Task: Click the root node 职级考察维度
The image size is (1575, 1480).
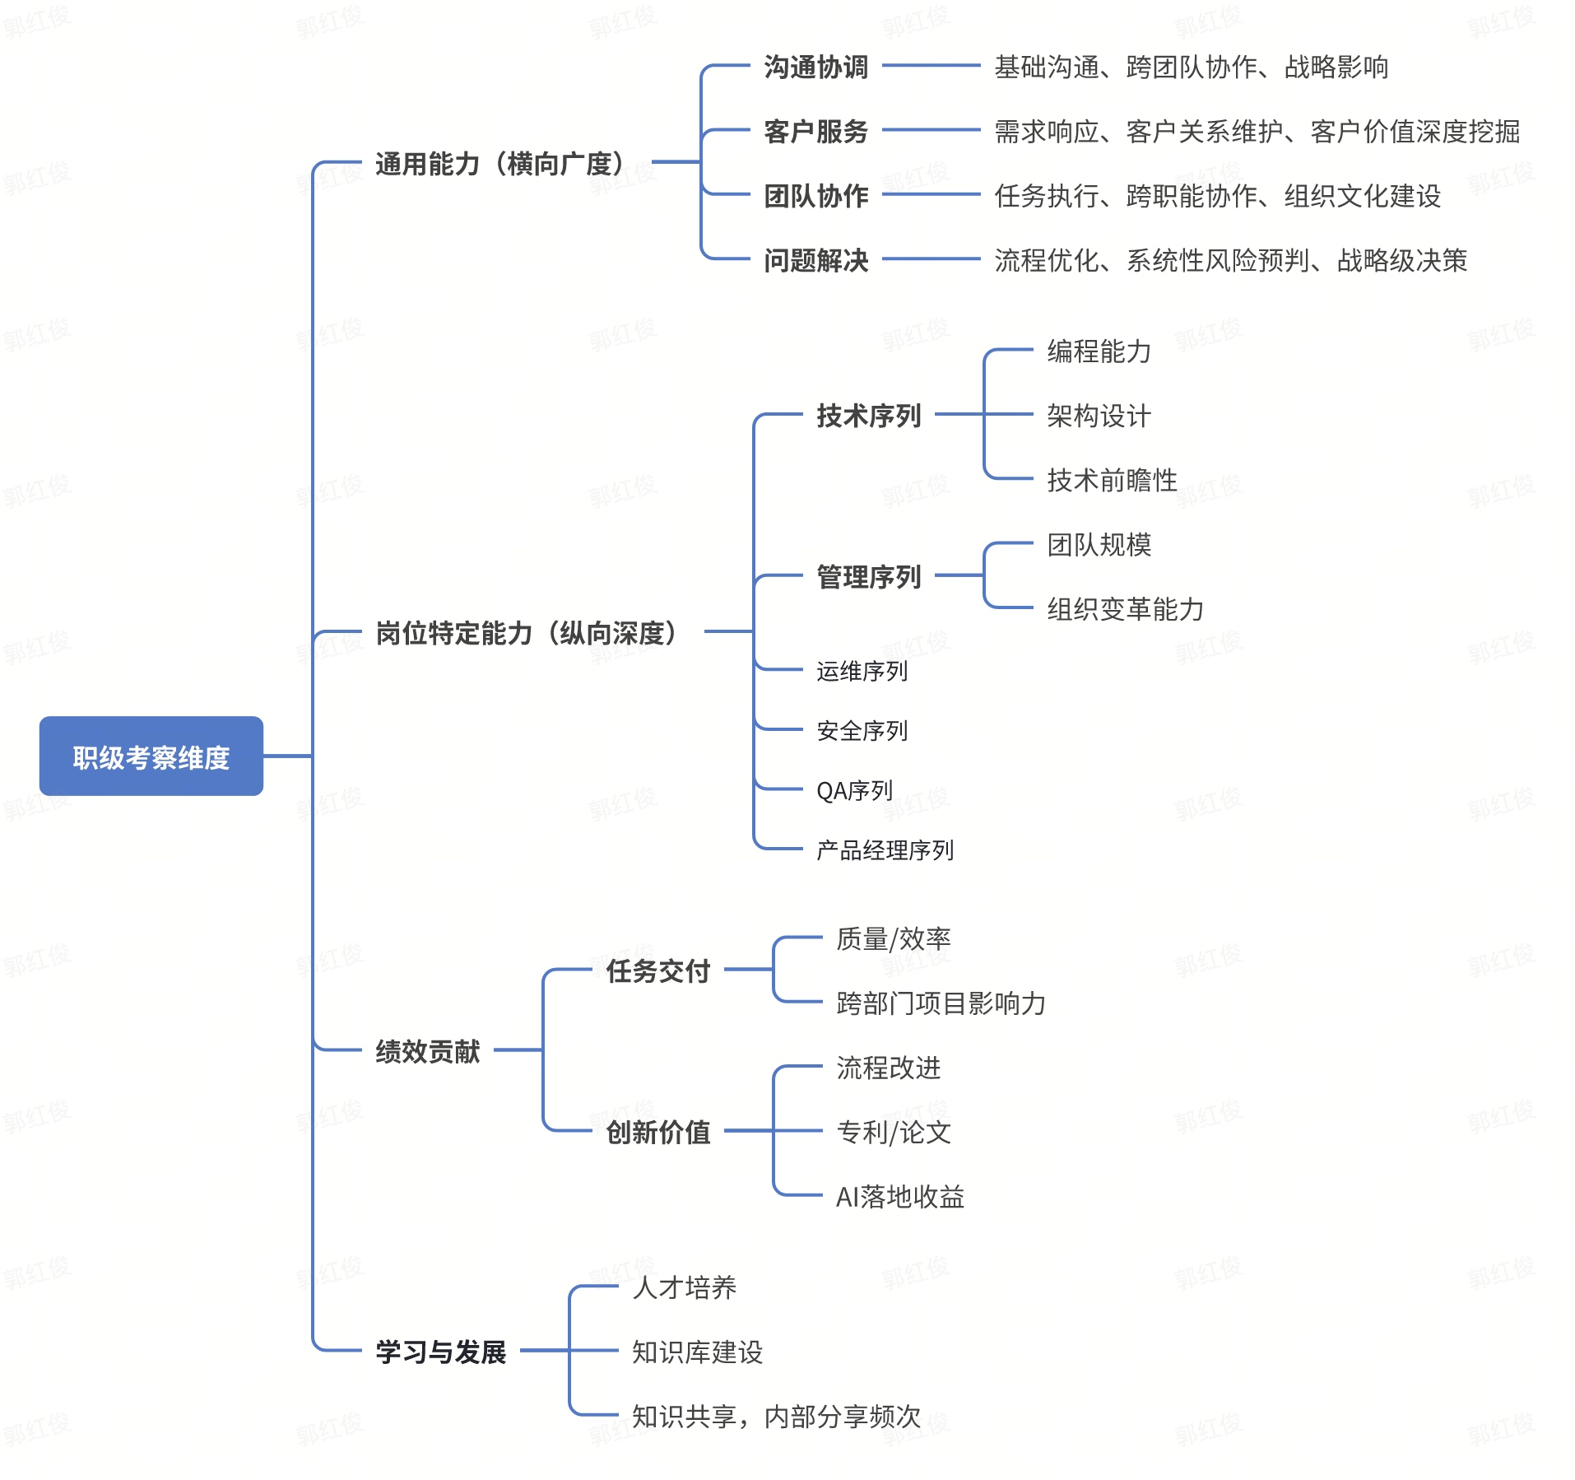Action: (x=151, y=756)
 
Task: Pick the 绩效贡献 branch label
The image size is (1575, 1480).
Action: (x=427, y=1051)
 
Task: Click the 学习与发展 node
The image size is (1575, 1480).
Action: (x=440, y=1352)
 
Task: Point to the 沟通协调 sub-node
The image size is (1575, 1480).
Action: (x=815, y=67)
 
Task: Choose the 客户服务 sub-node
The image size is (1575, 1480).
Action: (x=815, y=132)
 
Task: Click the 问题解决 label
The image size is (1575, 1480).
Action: (x=815, y=261)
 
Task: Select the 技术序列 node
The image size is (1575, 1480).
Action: (x=868, y=416)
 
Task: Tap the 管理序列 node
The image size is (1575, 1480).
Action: (x=868, y=577)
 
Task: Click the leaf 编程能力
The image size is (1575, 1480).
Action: (x=1099, y=351)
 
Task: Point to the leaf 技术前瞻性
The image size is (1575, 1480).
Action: (x=1112, y=480)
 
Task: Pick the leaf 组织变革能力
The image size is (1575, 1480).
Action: (x=1125, y=609)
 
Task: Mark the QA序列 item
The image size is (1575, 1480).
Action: (x=854, y=791)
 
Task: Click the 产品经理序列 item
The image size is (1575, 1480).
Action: (x=885, y=850)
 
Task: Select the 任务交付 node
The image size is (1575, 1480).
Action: (x=657, y=971)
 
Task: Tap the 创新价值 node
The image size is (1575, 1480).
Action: (x=657, y=1133)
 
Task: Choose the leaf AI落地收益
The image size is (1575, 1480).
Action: (x=899, y=1197)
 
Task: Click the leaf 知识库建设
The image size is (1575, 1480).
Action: (x=697, y=1352)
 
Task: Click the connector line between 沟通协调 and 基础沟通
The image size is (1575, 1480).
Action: (x=931, y=65)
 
